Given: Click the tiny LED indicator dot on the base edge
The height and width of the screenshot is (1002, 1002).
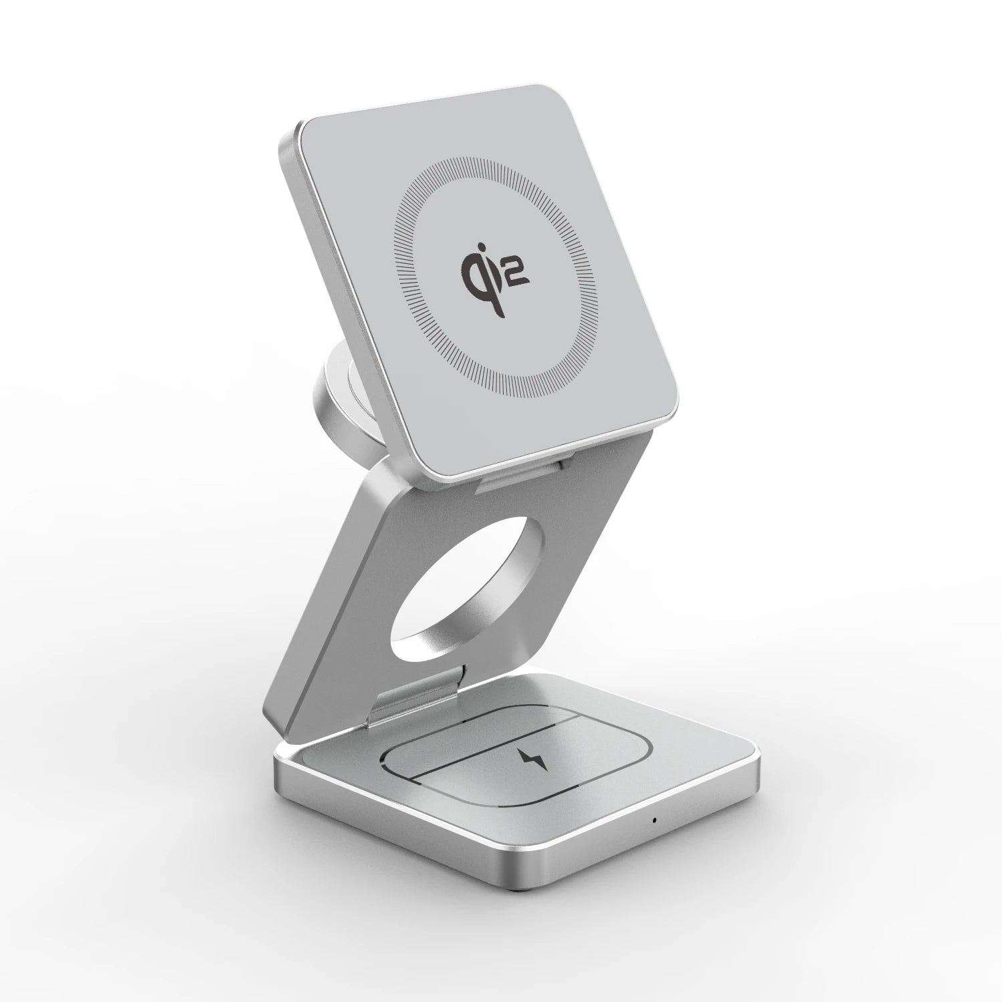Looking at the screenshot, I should tap(654, 820).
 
